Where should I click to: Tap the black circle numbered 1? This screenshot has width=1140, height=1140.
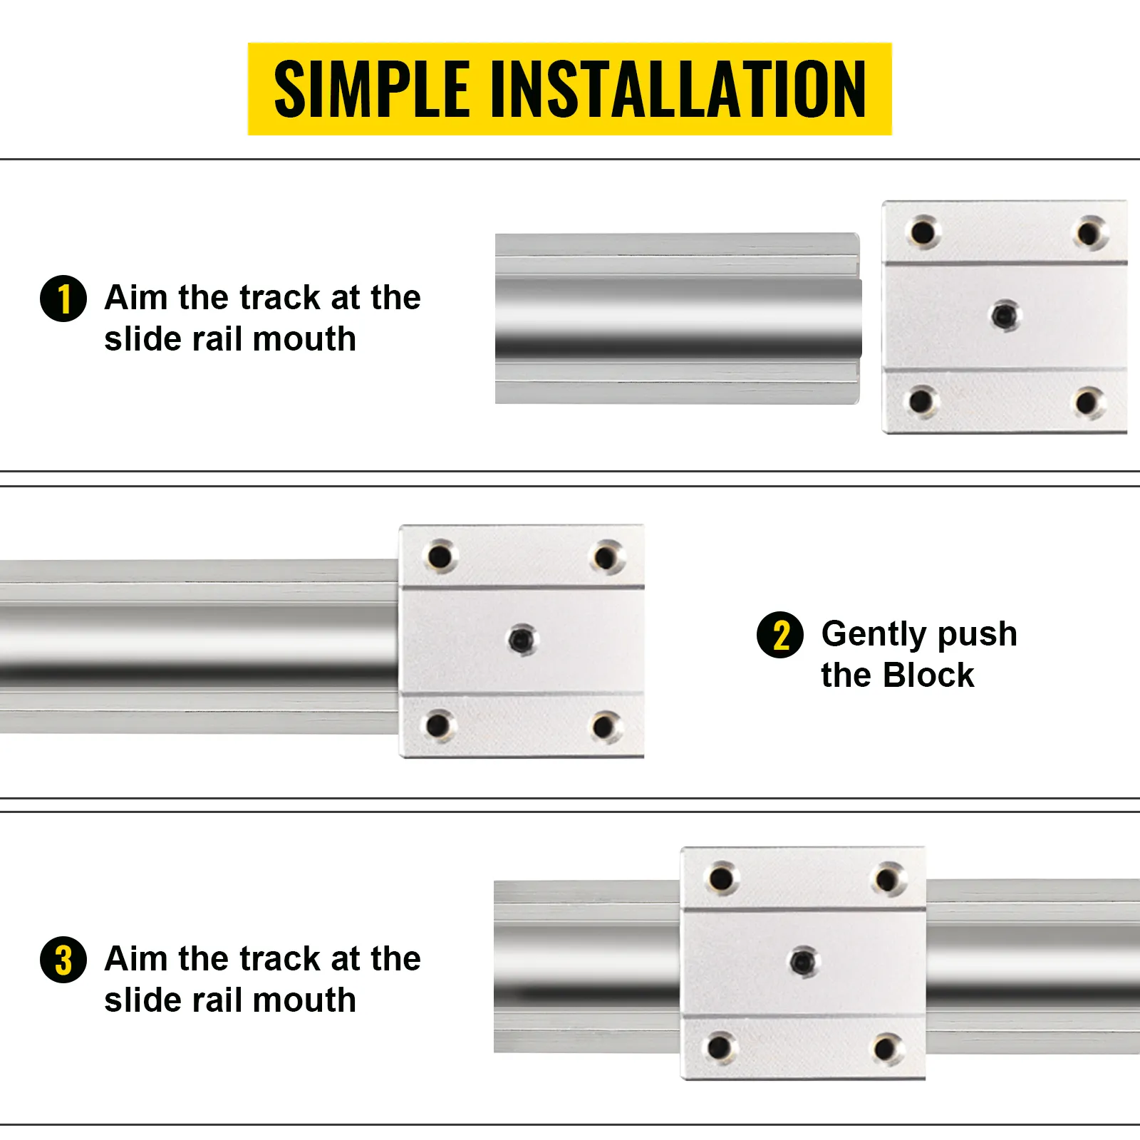pos(63,299)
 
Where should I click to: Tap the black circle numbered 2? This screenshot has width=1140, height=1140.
pos(780,635)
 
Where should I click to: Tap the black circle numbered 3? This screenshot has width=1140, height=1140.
pos(63,960)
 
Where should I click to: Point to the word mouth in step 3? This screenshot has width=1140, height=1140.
pos(304,1000)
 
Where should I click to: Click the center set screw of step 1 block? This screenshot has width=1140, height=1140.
pos(1005,314)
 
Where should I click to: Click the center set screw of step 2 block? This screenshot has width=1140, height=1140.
pos(522,639)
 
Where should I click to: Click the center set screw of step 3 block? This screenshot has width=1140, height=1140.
pos(804,962)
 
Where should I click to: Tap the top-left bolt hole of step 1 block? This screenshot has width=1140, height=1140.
pos(923,232)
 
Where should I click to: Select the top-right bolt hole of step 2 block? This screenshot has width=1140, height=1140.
pos(606,556)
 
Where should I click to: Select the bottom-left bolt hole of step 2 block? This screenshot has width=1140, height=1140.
pos(438,725)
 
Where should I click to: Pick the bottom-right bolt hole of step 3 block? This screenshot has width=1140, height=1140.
pos(886,1048)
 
